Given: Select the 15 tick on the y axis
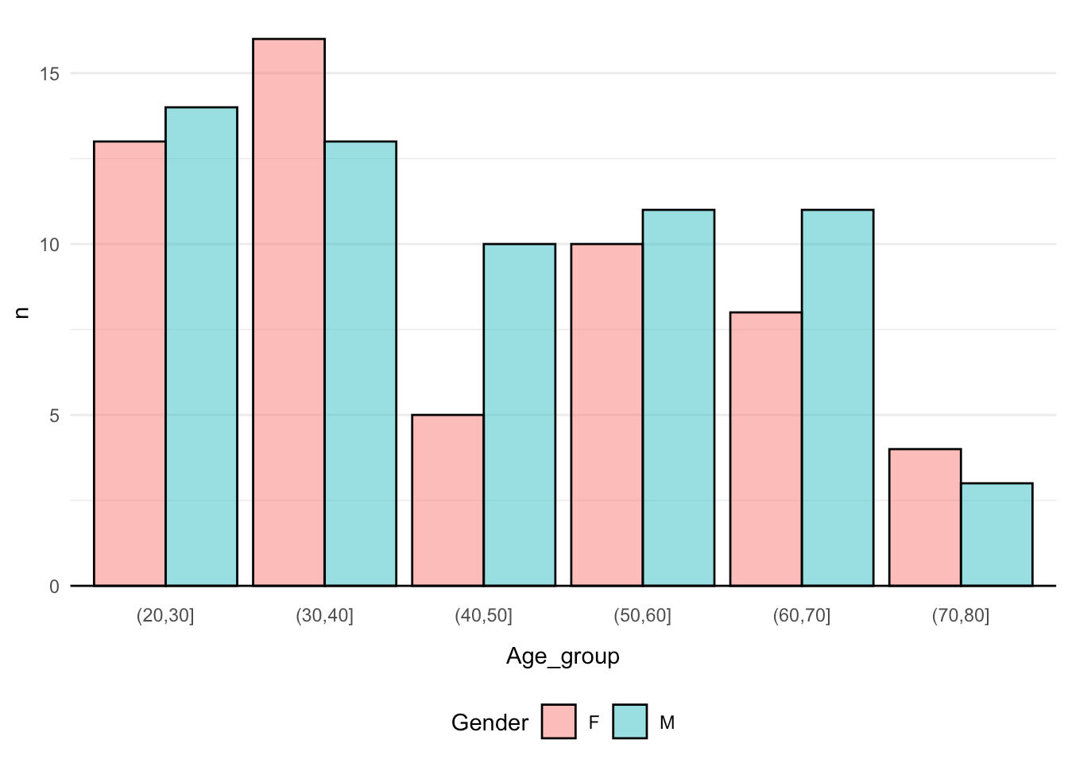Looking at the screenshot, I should [49, 74].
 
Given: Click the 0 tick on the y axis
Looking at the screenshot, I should [54, 587].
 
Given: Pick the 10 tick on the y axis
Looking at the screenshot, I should [49, 245].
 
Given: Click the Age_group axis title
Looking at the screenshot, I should [563, 656].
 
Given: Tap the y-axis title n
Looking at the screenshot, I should [22, 312].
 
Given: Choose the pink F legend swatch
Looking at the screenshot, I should [559, 722].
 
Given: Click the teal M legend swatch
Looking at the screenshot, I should [630, 722].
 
